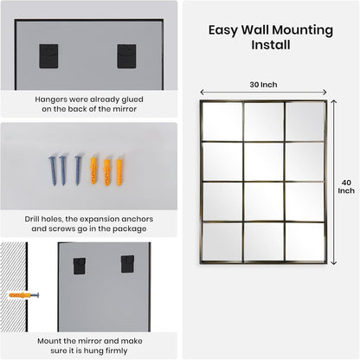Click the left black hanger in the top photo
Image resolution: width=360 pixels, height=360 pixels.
coord(49,56)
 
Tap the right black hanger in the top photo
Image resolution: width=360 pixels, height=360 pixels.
coord(127,56)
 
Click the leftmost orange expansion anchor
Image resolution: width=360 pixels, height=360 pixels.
coord(93,170)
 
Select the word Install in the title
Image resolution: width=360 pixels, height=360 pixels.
coord(267,43)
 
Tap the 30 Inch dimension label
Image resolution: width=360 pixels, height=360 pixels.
coord(263,84)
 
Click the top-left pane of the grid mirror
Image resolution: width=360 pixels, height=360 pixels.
coord(222,121)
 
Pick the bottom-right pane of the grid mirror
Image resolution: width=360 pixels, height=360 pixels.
coord(305,241)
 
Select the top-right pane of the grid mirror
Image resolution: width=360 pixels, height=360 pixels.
coord(305,121)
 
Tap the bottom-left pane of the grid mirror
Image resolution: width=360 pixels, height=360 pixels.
coord(222,241)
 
